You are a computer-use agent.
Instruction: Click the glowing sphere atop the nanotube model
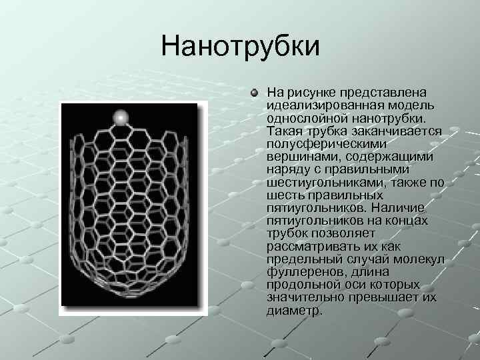(x=121, y=117)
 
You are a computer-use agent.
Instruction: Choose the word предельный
(x=300, y=259)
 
